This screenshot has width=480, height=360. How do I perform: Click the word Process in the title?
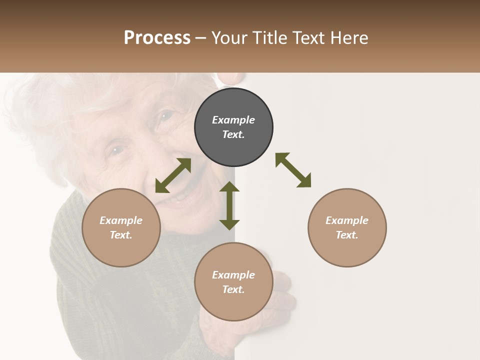tap(157, 38)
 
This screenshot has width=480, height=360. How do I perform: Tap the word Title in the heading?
tap(270, 38)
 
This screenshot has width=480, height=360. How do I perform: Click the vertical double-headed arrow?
tap(229, 205)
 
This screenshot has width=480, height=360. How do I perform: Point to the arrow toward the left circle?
tap(173, 175)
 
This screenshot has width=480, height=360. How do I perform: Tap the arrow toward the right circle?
tap(293, 170)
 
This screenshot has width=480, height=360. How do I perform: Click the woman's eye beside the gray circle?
tap(165, 116)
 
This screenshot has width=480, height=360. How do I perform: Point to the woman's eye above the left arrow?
tap(116, 149)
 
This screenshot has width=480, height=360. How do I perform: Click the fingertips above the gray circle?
tap(230, 79)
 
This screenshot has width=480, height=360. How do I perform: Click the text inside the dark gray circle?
tap(233, 127)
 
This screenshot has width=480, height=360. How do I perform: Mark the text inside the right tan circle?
tap(347, 227)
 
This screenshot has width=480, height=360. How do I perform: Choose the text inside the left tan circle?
tap(121, 227)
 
